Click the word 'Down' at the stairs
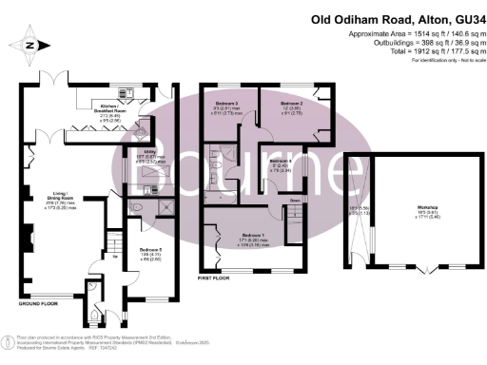pyautogui.click(x=296, y=201)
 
